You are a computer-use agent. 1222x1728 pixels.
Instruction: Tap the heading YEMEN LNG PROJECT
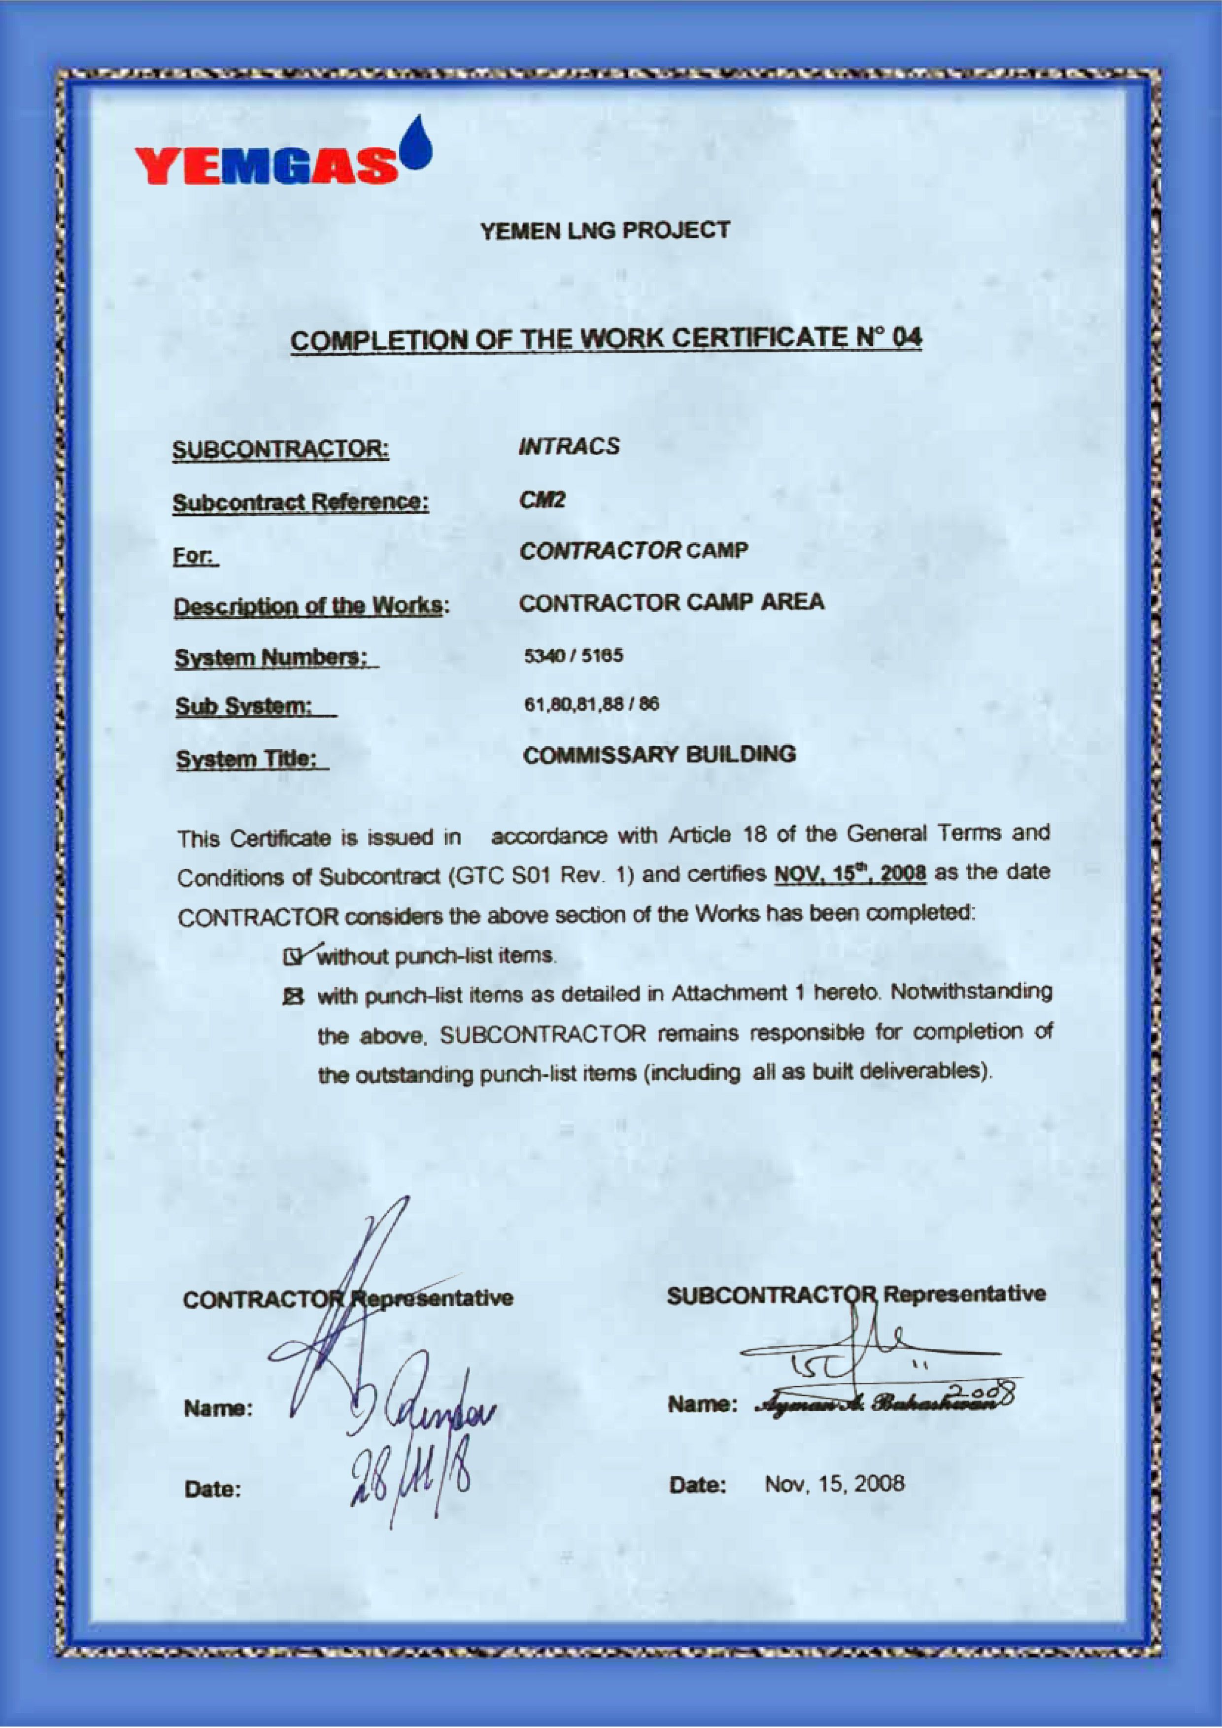606,231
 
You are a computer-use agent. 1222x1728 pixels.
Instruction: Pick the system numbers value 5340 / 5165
574,656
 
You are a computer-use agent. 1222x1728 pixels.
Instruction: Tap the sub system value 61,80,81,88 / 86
591,704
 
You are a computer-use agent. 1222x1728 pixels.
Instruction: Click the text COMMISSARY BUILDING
659,754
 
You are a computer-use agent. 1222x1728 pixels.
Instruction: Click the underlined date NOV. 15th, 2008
849,874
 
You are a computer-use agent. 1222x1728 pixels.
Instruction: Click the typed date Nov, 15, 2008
834,1483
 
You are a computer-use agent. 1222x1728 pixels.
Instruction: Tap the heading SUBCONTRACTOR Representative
855,1295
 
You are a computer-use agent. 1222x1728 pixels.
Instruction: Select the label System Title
251,760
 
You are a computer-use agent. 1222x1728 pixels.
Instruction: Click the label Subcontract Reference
301,502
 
